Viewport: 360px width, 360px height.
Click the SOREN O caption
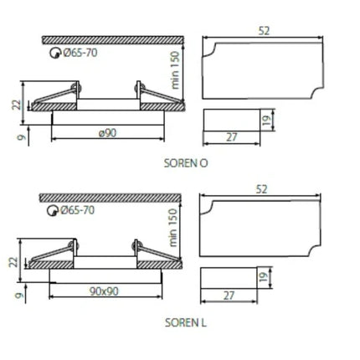[186, 163]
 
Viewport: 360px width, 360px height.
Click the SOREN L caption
[186, 322]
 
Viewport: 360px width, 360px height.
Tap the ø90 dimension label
[108, 133]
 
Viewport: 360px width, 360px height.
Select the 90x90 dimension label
[104, 291]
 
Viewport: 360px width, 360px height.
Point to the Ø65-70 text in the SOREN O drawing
[80, 53]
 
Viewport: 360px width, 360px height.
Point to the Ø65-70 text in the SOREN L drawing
[78, 210]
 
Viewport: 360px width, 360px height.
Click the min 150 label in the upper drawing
[174, 70]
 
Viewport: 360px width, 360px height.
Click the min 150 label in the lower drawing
[173, 228]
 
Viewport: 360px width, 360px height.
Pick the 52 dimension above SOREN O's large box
[264, 31]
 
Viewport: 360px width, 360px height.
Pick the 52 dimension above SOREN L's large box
[261, 189]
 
